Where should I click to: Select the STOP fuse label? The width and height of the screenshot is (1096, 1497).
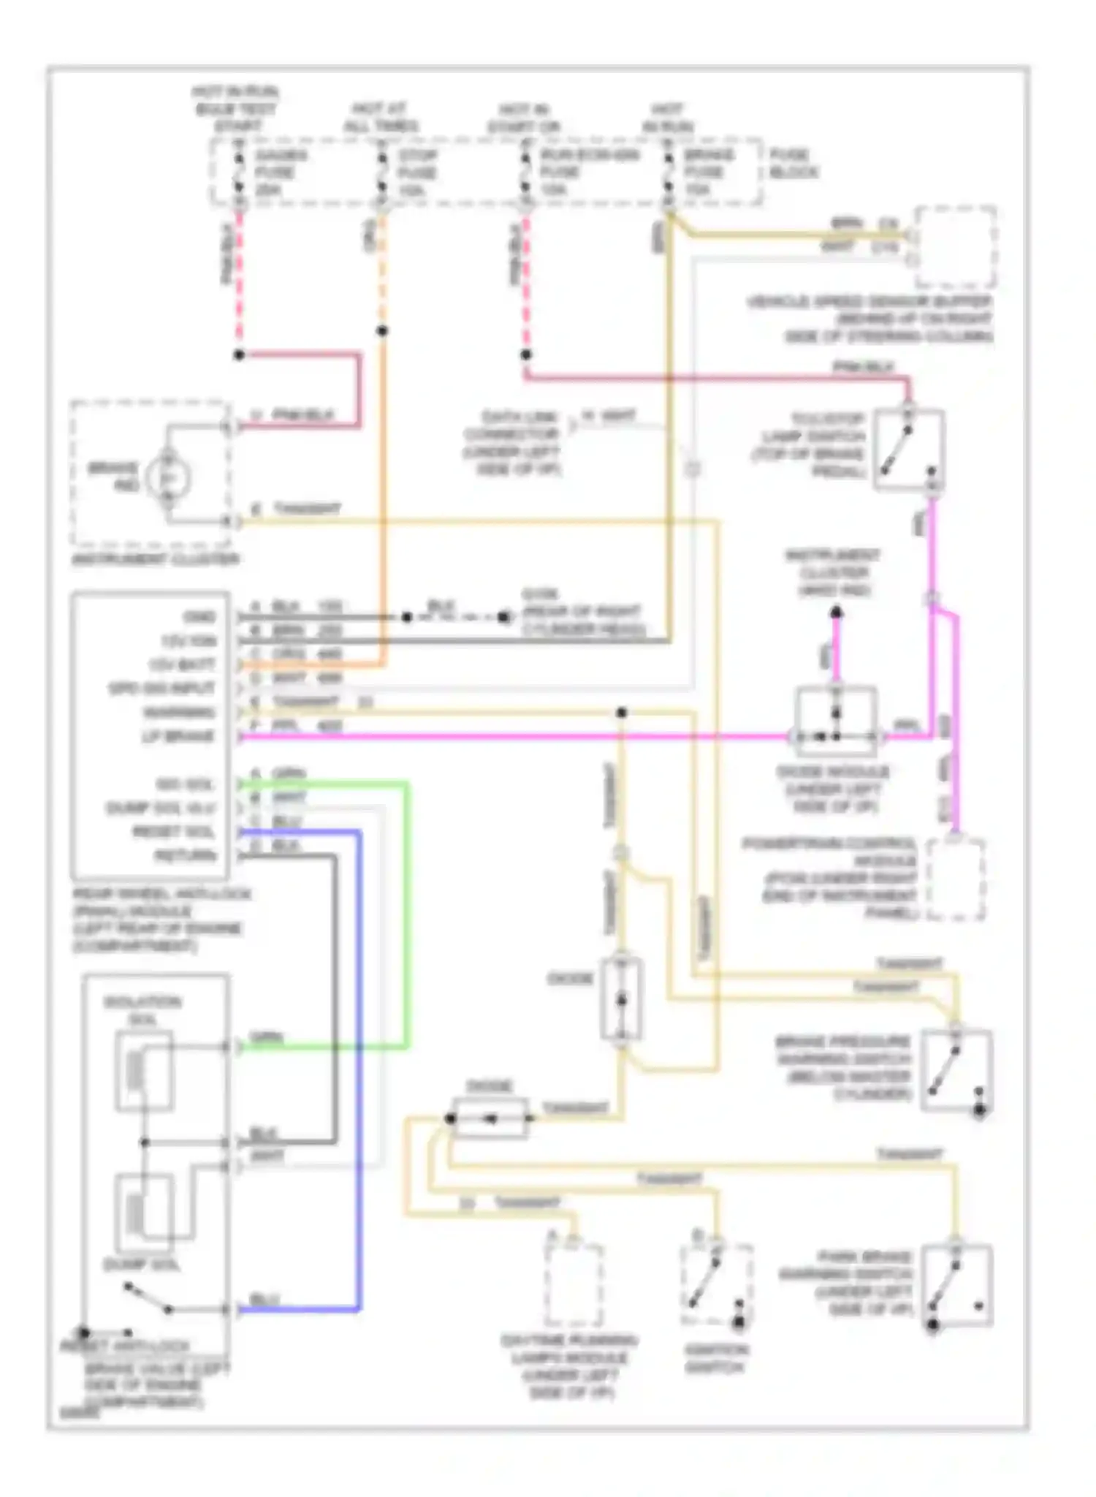417,173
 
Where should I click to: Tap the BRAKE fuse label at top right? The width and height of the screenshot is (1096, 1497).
706,173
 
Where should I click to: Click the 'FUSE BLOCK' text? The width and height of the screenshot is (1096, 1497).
792,164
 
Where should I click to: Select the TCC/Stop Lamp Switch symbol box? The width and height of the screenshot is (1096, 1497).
909,450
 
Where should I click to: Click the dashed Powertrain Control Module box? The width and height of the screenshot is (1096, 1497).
956,879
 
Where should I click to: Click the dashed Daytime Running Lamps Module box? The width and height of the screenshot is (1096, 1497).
574,1286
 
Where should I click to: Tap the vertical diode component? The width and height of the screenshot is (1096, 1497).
621,998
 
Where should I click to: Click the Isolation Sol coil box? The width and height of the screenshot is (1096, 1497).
144,1072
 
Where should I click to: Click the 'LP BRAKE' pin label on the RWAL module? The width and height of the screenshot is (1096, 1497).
178,736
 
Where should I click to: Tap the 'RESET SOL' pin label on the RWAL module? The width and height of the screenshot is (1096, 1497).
173,832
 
